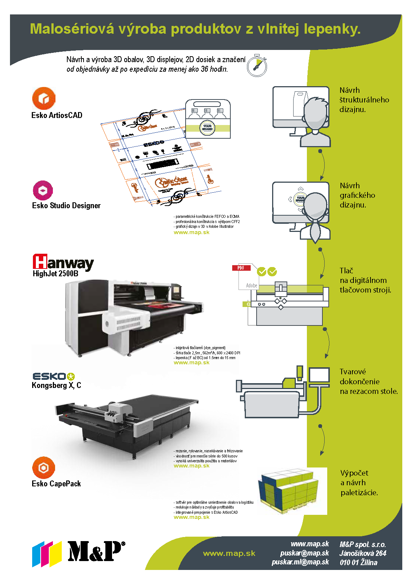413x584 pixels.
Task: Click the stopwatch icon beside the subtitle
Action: tap(257, 65)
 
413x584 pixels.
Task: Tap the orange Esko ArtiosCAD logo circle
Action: tap(44, 98)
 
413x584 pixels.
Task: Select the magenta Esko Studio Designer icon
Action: tap(43, 190)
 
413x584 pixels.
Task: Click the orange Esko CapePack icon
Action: tap(44, 468)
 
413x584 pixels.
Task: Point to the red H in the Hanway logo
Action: tap(40, 261)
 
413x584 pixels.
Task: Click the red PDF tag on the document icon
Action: tap(241, 268)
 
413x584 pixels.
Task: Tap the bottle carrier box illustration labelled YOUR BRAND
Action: tap(208, 119)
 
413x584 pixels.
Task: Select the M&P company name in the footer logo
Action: tap(95, 551)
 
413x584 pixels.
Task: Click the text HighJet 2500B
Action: tap(55, 274)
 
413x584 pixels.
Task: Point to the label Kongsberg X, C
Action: tap(56, 385)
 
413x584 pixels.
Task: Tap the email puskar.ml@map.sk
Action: tap(300, 562)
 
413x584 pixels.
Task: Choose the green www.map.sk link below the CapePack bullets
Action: tap(192, 517)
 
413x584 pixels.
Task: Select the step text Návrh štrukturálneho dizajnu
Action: tap(364, 100)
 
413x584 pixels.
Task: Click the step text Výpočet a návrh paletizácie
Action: tap(359, 483)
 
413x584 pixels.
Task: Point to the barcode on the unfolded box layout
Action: tap(163, 163)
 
